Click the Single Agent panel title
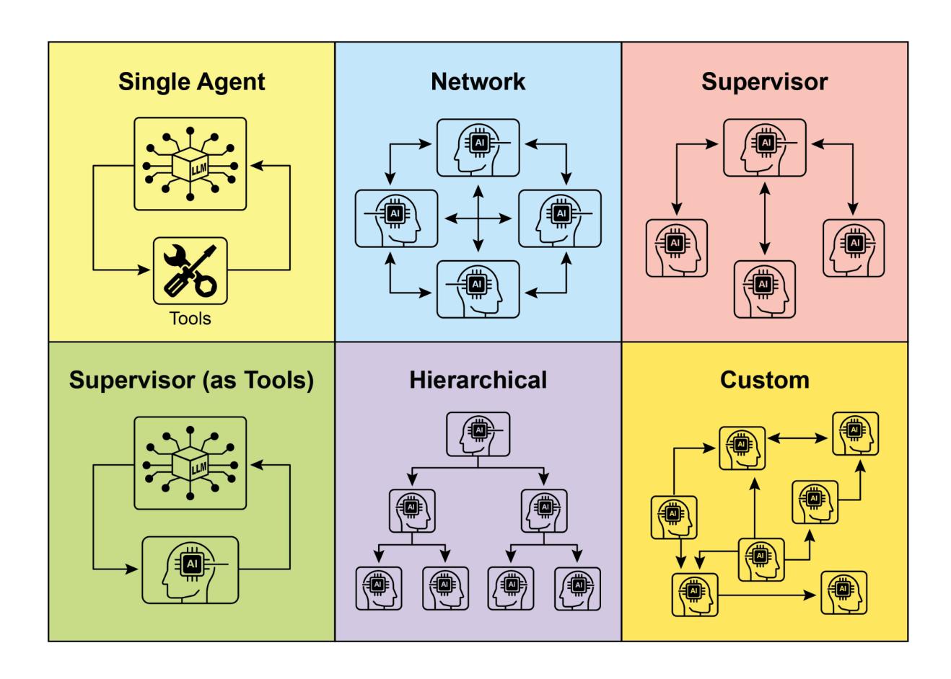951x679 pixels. point(191,81)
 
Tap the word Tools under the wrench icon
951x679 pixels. point(190,318)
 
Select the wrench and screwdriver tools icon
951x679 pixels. point(190,270)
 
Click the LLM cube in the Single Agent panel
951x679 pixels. point(190,164)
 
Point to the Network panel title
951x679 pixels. point(478,81)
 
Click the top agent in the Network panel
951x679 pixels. point(478,146)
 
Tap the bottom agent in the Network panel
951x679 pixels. point(478,288)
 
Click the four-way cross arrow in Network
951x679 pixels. point(478,217)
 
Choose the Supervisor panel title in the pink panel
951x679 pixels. point(764,81)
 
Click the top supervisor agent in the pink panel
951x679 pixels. point(765,147)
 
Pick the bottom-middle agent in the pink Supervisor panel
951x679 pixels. point(764,289)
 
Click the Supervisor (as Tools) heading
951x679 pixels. point(191,380)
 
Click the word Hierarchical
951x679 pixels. point(478,380)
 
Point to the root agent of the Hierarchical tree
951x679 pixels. point(478,434)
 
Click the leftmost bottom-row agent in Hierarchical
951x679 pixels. point(379,588)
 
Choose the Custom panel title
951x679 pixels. point(764,380)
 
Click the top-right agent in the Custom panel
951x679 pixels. point(856,434)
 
